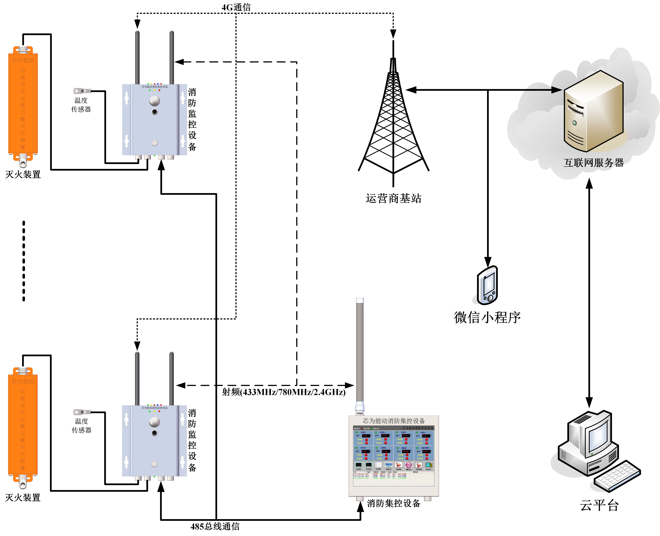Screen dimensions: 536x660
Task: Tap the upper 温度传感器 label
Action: tap(81, 105)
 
